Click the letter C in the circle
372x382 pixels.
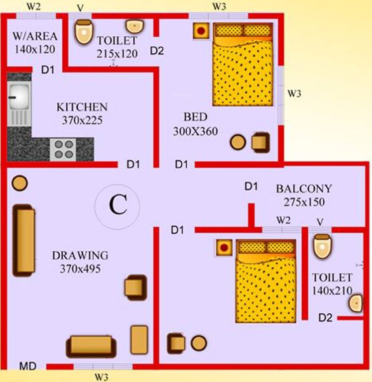(118, 204)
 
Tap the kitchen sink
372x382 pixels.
(19, 96)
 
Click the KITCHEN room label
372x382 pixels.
(82, 107)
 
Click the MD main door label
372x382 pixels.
(27, 367)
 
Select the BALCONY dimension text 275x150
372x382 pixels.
(304, 202)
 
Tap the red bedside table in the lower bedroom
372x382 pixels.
(225, 247)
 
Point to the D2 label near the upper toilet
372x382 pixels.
(157, 51)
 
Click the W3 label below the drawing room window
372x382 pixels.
(102, 377)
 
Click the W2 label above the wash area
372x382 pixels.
(33, 7)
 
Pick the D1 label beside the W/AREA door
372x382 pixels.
(48, 70)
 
